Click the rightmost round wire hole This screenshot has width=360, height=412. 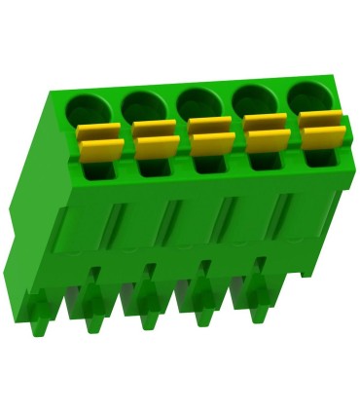pos(309,95)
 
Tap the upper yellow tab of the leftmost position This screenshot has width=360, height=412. pos(97,131)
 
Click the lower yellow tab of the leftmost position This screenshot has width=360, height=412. pos(100,150)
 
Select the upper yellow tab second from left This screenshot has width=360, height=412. pos(153,129)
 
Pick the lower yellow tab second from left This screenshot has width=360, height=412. pos(156,147)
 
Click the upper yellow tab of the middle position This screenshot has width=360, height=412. pos(209,126)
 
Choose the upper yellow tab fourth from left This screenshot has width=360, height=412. pos(265,123)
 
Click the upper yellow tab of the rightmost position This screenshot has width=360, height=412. pos(319,120)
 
